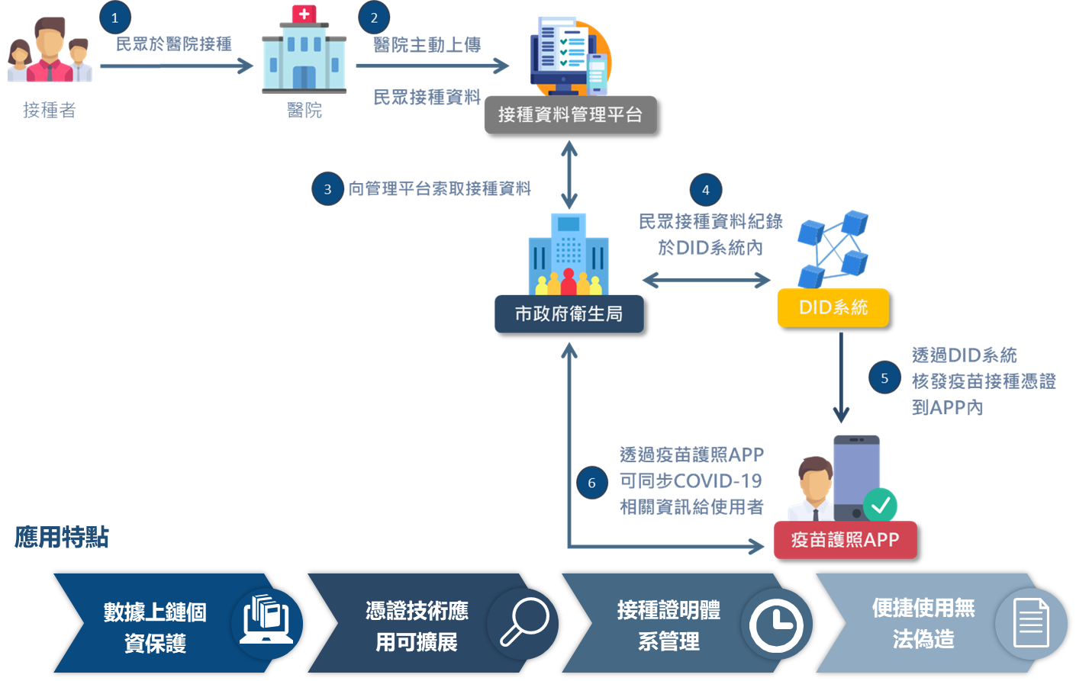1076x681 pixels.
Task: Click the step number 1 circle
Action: pyautogui.click(x=115, y=18)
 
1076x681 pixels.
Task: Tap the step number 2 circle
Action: pyautogui.click(x=374, y=18)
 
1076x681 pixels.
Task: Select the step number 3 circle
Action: pyautogui.click(x=327, y=189)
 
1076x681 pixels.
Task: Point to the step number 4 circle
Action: pyautogui.click(x=705, y=190)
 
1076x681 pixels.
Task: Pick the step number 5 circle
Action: pyautogui.click(x=884, y=377)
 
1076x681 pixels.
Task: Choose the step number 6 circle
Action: pyautogui.click(x=591, y=483)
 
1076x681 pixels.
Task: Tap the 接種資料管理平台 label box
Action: pyautogui.click(x=570, y=115)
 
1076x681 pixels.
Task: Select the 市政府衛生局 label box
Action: pyautogui.click(x=569, y=313)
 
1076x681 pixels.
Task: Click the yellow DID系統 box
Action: pyautogui.click(x=833, y=307)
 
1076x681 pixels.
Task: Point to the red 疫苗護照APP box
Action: pyautogui.click(x=845, y=540)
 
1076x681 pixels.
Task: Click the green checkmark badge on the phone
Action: pyautogui.click(x=881, y=505)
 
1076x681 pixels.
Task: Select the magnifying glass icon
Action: pyautogui.click(x=524, y=621)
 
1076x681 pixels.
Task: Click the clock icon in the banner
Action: pyautogui.click(x=776, y=625)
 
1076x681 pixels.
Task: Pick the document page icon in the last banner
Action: pyautogui.click(x=1031, y=623)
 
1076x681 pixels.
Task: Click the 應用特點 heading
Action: pyautogui.click(x=62, y=538)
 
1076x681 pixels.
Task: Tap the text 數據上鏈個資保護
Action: pyautogui.click(x=155, y=628)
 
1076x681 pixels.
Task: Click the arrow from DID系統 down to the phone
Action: pyautogui.click(x=841, y=377)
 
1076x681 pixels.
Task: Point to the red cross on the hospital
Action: pyautogui.click(x=304, y=14)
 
